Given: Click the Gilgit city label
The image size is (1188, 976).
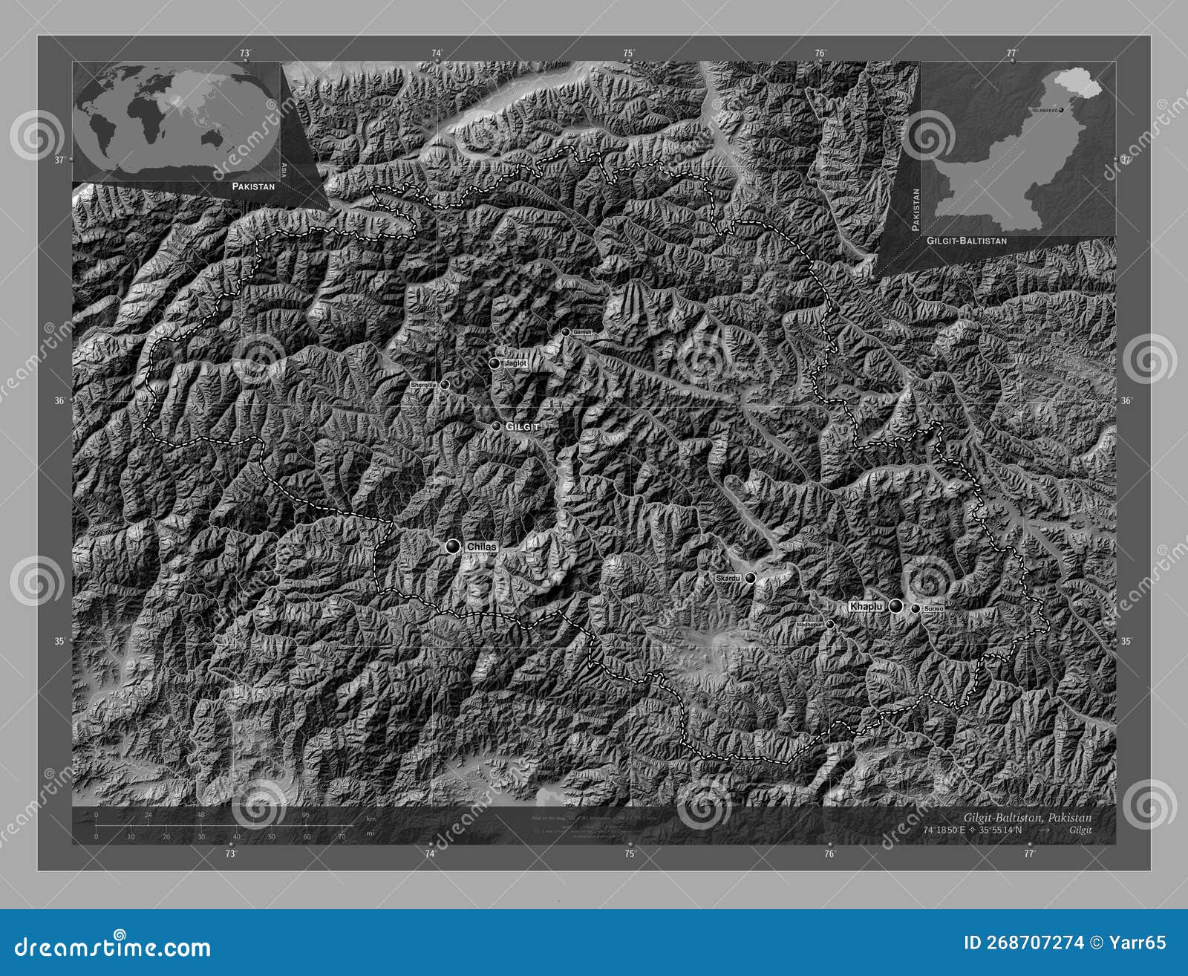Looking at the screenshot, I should (521, 427).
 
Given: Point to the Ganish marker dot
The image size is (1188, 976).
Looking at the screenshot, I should (566, 332).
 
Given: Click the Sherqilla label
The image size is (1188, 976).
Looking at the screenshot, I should (423, 385).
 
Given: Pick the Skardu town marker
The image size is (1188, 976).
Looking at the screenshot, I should (751, 578).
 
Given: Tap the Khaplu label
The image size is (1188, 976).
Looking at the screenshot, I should (866, 607).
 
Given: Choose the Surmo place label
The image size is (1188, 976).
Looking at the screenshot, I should (934, 609).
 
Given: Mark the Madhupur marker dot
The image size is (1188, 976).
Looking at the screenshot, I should (830, 625).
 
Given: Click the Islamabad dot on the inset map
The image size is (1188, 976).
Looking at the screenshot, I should (1062, 110).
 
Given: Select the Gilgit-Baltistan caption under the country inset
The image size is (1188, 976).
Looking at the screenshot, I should (967, 241).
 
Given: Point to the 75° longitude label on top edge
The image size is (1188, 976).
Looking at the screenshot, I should (629, 53).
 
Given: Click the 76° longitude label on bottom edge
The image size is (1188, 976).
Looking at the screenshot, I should (829, 853).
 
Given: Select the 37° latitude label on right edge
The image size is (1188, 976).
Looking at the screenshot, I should (1126, 160).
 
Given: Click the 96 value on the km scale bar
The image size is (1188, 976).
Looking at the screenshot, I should (305, 815).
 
